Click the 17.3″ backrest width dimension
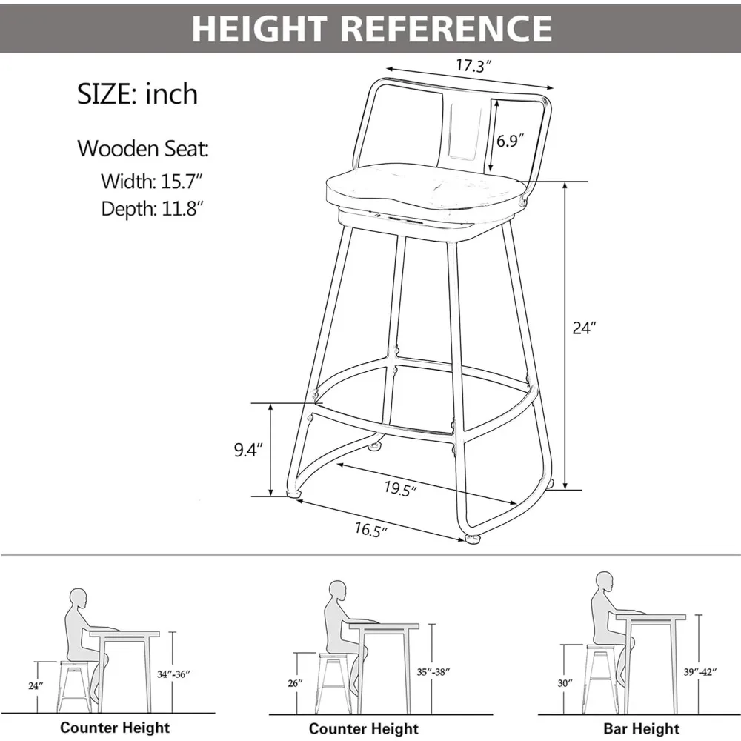[x=473, y=66]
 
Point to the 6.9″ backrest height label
[x=511, y=140]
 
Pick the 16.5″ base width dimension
[x=370, y=529]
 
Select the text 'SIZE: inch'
[x=138, y=94]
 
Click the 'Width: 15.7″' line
[x=153, y=180]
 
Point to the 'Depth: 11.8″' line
[x=153, y=208]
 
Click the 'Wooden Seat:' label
[x=143, y=148]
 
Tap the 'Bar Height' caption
[x=642, y=729]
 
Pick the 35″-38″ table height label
[x=432, y=673]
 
